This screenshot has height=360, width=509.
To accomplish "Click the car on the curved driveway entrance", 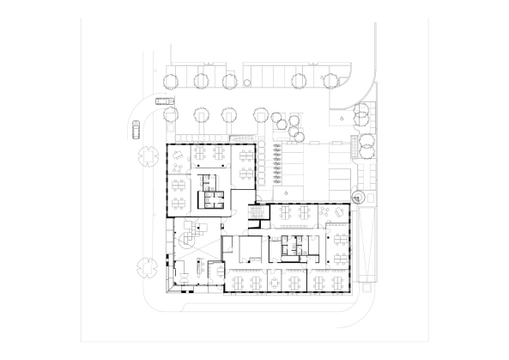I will [x=161, y=101].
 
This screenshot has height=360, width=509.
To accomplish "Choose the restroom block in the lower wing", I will [x=293, y=246].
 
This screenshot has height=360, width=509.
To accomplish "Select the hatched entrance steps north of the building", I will [x=243, y=139].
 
